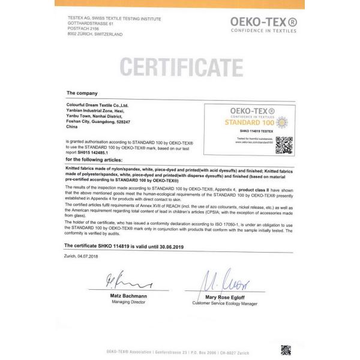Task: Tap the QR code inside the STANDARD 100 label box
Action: [284, 143]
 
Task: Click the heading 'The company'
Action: [82, 93]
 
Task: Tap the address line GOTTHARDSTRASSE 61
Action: [88, 24]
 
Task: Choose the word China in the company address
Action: [73, 127]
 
